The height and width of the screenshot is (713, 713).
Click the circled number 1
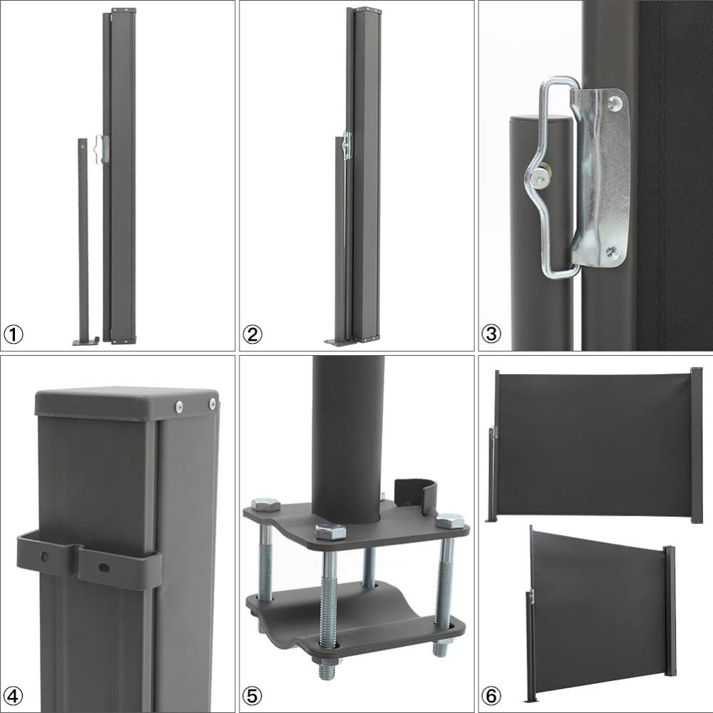point(13,334)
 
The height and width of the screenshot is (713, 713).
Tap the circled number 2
point(252,334)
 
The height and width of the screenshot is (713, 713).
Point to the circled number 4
point(13,696)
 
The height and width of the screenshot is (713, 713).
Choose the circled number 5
point(252,696)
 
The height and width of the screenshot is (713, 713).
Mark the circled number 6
point(491,696)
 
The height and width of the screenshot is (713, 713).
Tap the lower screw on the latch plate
point(611,250)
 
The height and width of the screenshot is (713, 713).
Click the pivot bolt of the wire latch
point(542,178)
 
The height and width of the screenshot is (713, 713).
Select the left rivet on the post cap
point(179,406)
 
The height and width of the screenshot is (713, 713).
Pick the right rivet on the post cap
point(212,403)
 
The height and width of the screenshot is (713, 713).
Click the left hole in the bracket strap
point(45,557)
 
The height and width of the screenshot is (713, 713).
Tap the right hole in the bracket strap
point(104,567)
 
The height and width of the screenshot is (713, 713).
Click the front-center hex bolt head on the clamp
point(330,530)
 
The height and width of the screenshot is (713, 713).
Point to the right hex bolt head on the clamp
point(449,520)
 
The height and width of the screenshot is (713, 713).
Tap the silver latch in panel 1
point(101,148)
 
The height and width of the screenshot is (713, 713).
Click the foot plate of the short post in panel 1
point(86,341)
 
